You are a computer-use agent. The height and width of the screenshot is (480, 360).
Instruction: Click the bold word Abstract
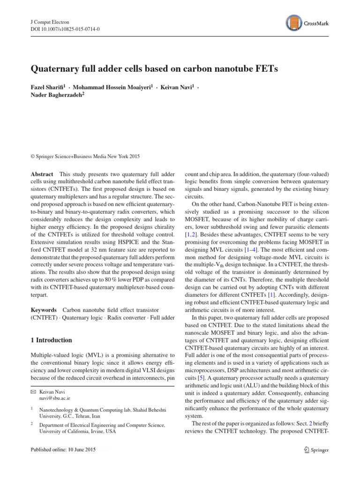tap(42, 173)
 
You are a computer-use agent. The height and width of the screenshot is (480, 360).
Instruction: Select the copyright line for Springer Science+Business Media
tap(85, 156)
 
